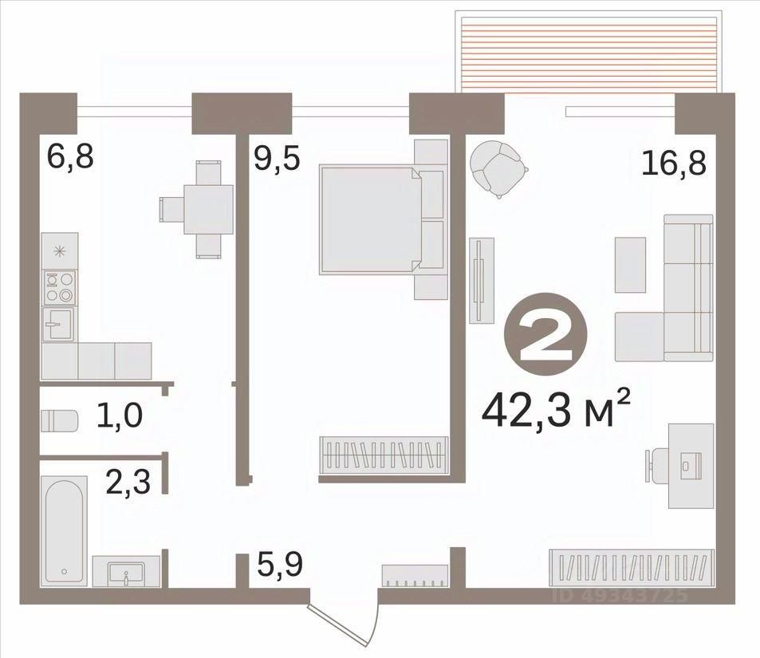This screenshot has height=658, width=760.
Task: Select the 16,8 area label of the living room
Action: pos(674,163)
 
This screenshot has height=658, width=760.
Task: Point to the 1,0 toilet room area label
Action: pos(120,415)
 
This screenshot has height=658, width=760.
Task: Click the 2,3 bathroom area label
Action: pos(128,482)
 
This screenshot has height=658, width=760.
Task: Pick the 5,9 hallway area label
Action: pos(280,564)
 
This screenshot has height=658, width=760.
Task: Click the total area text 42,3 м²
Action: pos(556,410)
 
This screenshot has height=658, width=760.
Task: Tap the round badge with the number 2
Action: pos(545,334)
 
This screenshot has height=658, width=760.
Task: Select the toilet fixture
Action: pos(59,420)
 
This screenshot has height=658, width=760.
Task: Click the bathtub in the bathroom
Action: pos(65,529)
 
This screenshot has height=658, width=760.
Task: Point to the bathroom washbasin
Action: pos(126,572)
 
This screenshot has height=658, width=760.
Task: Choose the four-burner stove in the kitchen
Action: pos(59,286)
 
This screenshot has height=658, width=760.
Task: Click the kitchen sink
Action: pos(59,324)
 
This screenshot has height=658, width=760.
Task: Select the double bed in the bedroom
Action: pos(383,219)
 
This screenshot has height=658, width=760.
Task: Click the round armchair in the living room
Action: pos(498,167)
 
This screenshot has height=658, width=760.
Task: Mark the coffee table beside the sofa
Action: pos(630,265)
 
